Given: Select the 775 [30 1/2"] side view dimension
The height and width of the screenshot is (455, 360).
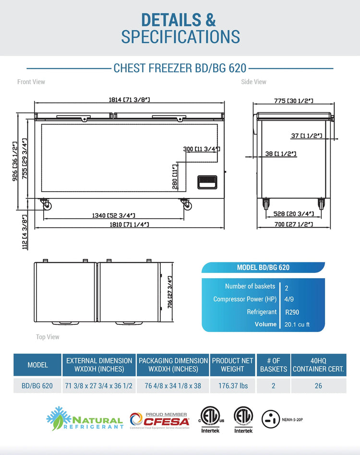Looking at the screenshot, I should pyautogui.click(x=294, y=101).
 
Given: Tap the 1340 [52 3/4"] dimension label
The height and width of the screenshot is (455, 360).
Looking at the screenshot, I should pyautogui.click(x=114, y=215).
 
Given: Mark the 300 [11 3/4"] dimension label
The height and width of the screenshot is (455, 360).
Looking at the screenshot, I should pyautogui.click(x=202, y=149).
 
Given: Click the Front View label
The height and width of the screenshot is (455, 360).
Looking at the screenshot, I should pyautogui.click(x=31, y=82).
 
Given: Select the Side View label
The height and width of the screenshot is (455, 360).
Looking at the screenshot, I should pyautogui.click(x=253, y=82).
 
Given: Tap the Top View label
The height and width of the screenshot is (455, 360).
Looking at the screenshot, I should pyautogui.click(x=48, y=337).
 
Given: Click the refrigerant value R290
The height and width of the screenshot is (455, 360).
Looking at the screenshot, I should pyautogui.click(x=292, y=312).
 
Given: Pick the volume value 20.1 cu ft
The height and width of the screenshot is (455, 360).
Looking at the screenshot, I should pyautogui.click(x=297, y=325).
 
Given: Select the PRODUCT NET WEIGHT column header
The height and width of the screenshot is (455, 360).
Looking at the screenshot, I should pyautogui.click(x=232, y=365).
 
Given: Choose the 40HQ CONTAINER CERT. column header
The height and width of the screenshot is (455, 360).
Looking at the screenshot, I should pyautogui.click(x=318, y=365).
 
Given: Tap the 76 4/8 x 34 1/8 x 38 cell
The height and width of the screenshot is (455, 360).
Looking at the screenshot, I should pyautogui.click(x=173, y=386).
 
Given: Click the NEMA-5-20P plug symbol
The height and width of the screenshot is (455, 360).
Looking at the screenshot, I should pyautogui.click(x=271, y=419).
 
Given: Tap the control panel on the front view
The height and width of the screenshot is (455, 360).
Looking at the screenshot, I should pyautogui.click(x=208, y=182).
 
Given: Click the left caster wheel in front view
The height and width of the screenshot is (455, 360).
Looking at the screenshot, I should pyautogui.click(x=48, y=206).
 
